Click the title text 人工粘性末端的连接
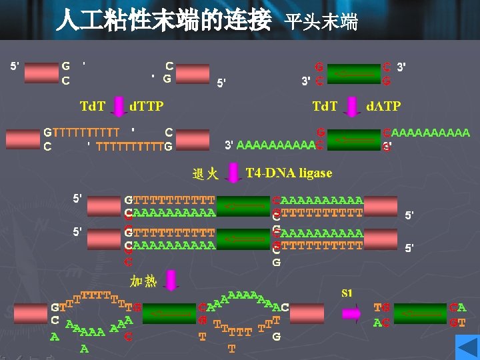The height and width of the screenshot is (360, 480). pyautogui.click(x=163, y=19)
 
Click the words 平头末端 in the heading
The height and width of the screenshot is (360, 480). pyautogui.click(x=321, y=21)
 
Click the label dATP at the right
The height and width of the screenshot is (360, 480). pyautogui.click(x=384, y=106)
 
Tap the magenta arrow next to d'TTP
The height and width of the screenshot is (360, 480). pyautogui.click(x=119, y=105)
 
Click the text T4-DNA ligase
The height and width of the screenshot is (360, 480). pyautogui.click(x=289, y=173)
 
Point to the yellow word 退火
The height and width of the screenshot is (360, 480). pyautogui.click(x=205, y=174)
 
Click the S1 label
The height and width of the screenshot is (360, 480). pyautogui.click(x=347, y=293)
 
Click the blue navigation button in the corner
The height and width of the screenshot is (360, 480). pyautogui.click(x=467, y=347)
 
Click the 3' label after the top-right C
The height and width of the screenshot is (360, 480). pyautogui.click(x=401, y=67)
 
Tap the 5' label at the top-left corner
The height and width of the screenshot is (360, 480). pyautogui.click(x=14, y=66)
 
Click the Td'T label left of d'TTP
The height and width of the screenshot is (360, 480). pyautogui.click(x=92, y=106)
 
